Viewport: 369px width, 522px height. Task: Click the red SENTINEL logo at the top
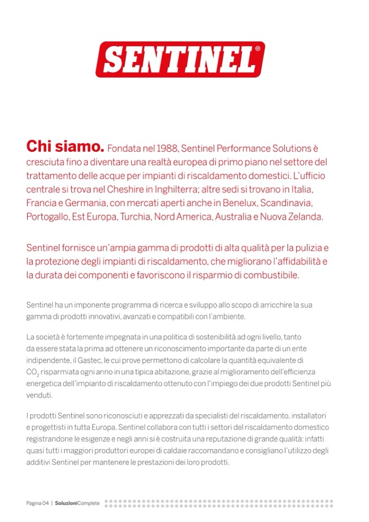[x=180, y=59]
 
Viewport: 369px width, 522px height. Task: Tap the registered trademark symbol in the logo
[x=257, y=48]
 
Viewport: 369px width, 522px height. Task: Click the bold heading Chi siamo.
[x=65, y=147]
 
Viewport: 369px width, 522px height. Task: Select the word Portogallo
[x=48, y=217]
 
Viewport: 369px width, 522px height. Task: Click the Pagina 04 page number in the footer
[x=38, y=503]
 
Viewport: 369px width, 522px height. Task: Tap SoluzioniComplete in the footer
[x=77, y=503]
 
